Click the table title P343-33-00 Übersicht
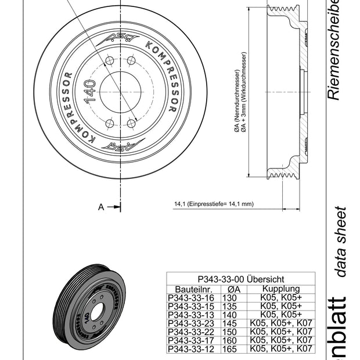pos(240,279)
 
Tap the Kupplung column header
pos(281,289)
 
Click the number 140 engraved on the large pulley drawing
pos(90,92)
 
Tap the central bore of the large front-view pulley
pos(120,92)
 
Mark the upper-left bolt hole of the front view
pos(110,61)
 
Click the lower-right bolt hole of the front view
pos(132,124)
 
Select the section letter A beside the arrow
pos(101,207)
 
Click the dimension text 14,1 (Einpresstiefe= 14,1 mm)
pos(214,204)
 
